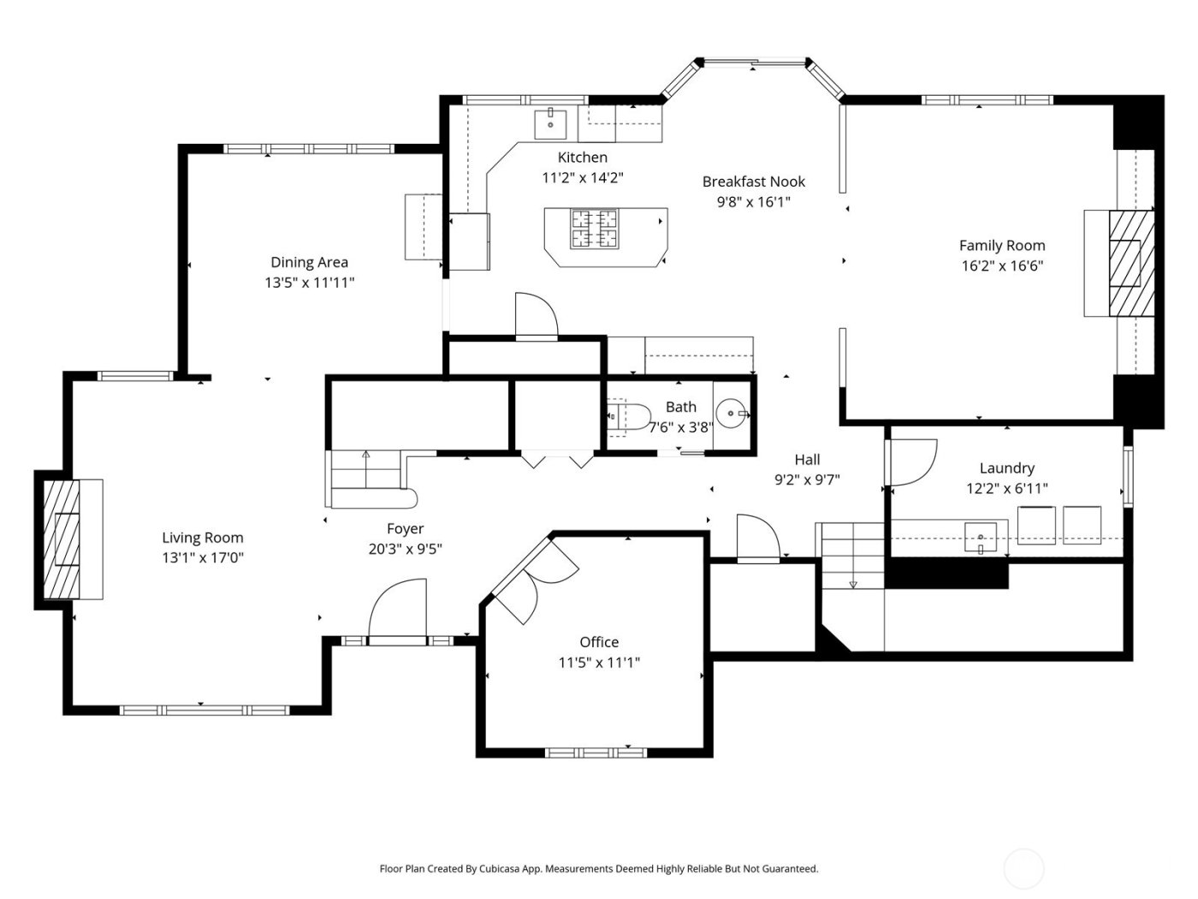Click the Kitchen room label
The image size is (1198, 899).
582,158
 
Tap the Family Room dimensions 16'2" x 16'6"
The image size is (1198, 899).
1002,265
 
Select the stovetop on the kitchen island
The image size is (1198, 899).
594,229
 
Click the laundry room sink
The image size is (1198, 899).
981,538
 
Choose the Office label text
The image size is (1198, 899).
599,642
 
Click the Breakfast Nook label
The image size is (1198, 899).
753,182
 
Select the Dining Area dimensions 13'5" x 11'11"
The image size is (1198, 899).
309,283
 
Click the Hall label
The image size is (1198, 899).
807,460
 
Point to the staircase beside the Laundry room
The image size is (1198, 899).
852,556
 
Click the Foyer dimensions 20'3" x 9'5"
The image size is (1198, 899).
405,550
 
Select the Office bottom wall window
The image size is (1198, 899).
596,753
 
